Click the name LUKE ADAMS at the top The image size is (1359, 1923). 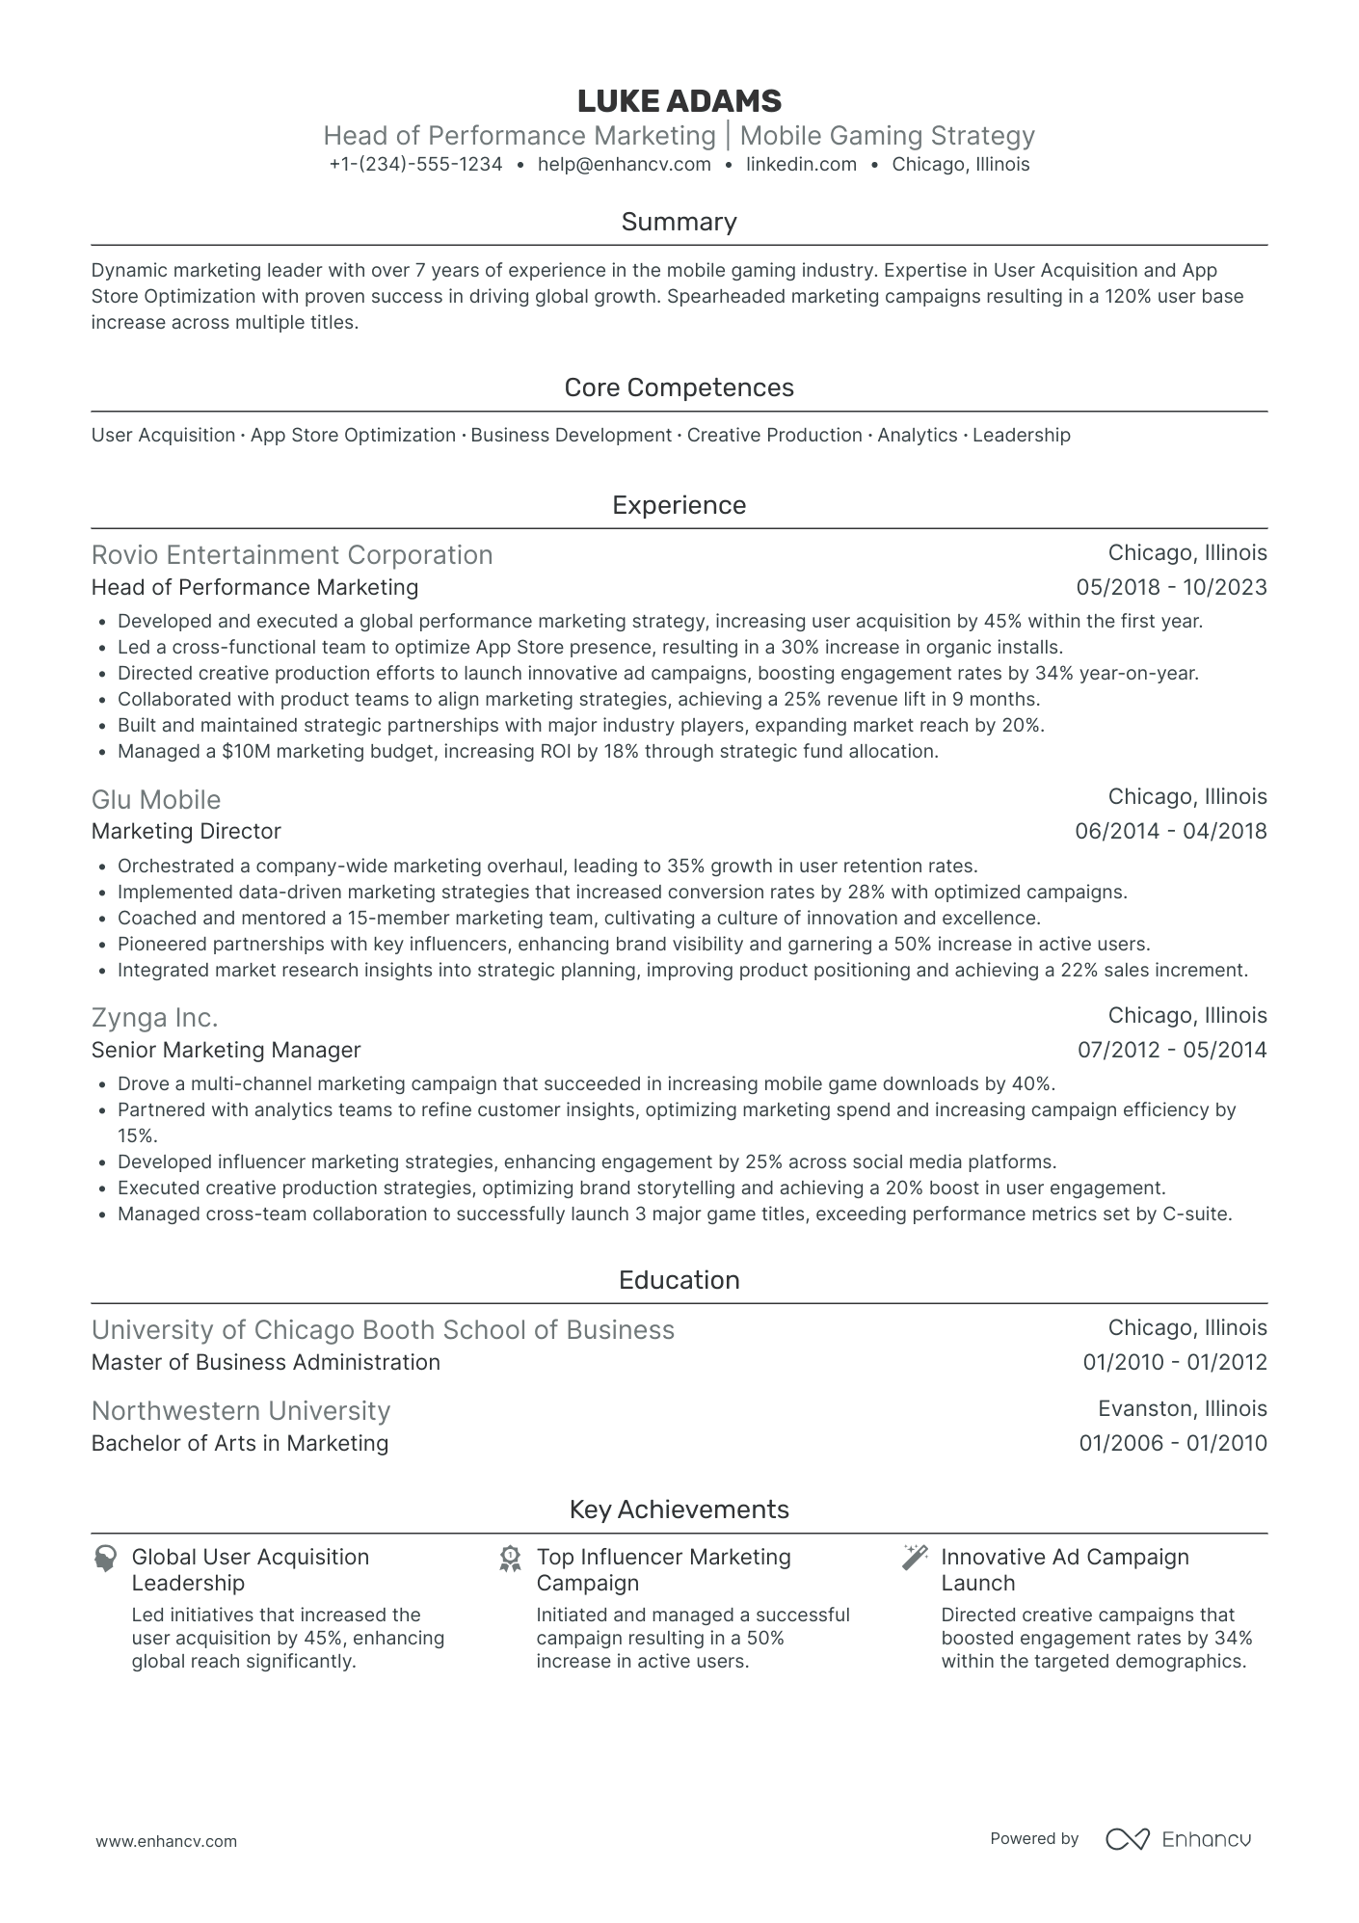679,101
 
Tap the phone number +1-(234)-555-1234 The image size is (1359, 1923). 415,165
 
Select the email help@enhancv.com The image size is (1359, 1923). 624,165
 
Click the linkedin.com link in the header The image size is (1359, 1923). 801,165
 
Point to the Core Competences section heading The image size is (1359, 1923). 679,387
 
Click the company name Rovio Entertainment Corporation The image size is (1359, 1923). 292,555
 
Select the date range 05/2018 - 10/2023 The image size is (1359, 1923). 1170,588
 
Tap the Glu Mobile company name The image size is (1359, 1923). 156,800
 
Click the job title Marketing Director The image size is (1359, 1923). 186,832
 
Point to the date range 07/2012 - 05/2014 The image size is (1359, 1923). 1171,1051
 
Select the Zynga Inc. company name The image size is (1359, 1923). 155,1018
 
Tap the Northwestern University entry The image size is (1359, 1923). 241,1411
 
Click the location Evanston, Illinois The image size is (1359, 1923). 1182,1409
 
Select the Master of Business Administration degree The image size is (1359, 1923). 266,1363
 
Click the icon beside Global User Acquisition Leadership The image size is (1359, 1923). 105,1559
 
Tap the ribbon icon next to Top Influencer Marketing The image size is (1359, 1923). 510,1559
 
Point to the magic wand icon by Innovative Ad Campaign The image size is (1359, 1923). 914,1557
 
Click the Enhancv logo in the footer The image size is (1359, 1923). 1178,1839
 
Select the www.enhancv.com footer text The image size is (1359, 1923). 166,1841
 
